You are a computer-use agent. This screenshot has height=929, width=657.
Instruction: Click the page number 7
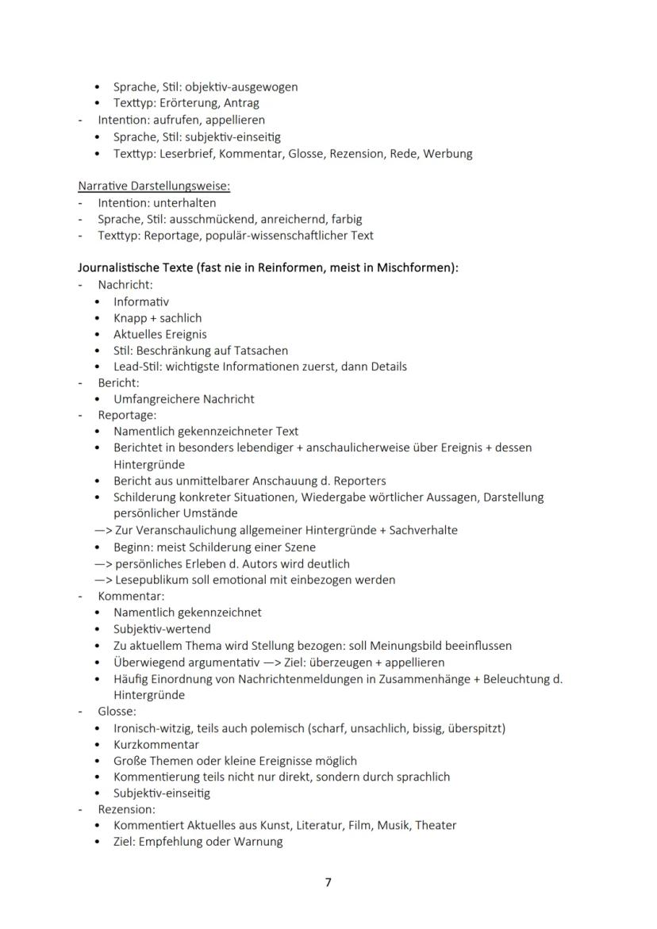(x=328, y=883)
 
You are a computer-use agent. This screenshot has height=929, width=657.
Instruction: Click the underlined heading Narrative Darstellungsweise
(x=154, y=186)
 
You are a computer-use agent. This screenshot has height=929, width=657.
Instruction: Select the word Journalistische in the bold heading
(x=121, y=268)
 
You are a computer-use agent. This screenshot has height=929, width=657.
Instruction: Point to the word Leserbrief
(x=190, y=153)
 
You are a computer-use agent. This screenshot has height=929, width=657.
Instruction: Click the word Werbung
(x=448, y=153)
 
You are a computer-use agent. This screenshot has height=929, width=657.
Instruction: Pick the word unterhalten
(x=184, y=202)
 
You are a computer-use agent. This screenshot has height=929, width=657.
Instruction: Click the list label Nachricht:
(x=125, y=284)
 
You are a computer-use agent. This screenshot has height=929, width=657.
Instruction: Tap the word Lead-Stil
(x=138, y=367)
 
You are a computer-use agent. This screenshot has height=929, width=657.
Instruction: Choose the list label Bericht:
(x=118, y=382)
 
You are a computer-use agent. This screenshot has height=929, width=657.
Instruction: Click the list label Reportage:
(x=127, y=415)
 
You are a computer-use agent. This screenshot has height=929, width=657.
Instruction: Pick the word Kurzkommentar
(x=156, y=744)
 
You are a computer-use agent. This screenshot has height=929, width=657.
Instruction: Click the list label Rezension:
(x=126, y=809)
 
